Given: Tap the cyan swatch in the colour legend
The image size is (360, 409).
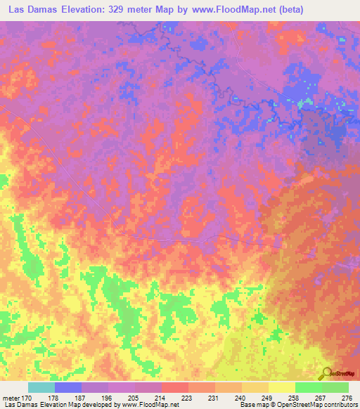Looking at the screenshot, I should (41, 387).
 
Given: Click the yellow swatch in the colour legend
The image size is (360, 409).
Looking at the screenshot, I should (281, 387).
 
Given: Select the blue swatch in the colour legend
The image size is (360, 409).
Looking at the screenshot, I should (68, 387).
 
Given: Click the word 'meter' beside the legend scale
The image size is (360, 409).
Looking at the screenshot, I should (12, 398).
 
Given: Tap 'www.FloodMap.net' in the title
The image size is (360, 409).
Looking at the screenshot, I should (245, 11).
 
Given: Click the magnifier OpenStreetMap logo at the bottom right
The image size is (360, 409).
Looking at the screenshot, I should (326, 373).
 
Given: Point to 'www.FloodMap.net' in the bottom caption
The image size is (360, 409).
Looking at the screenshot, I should (150, 405).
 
